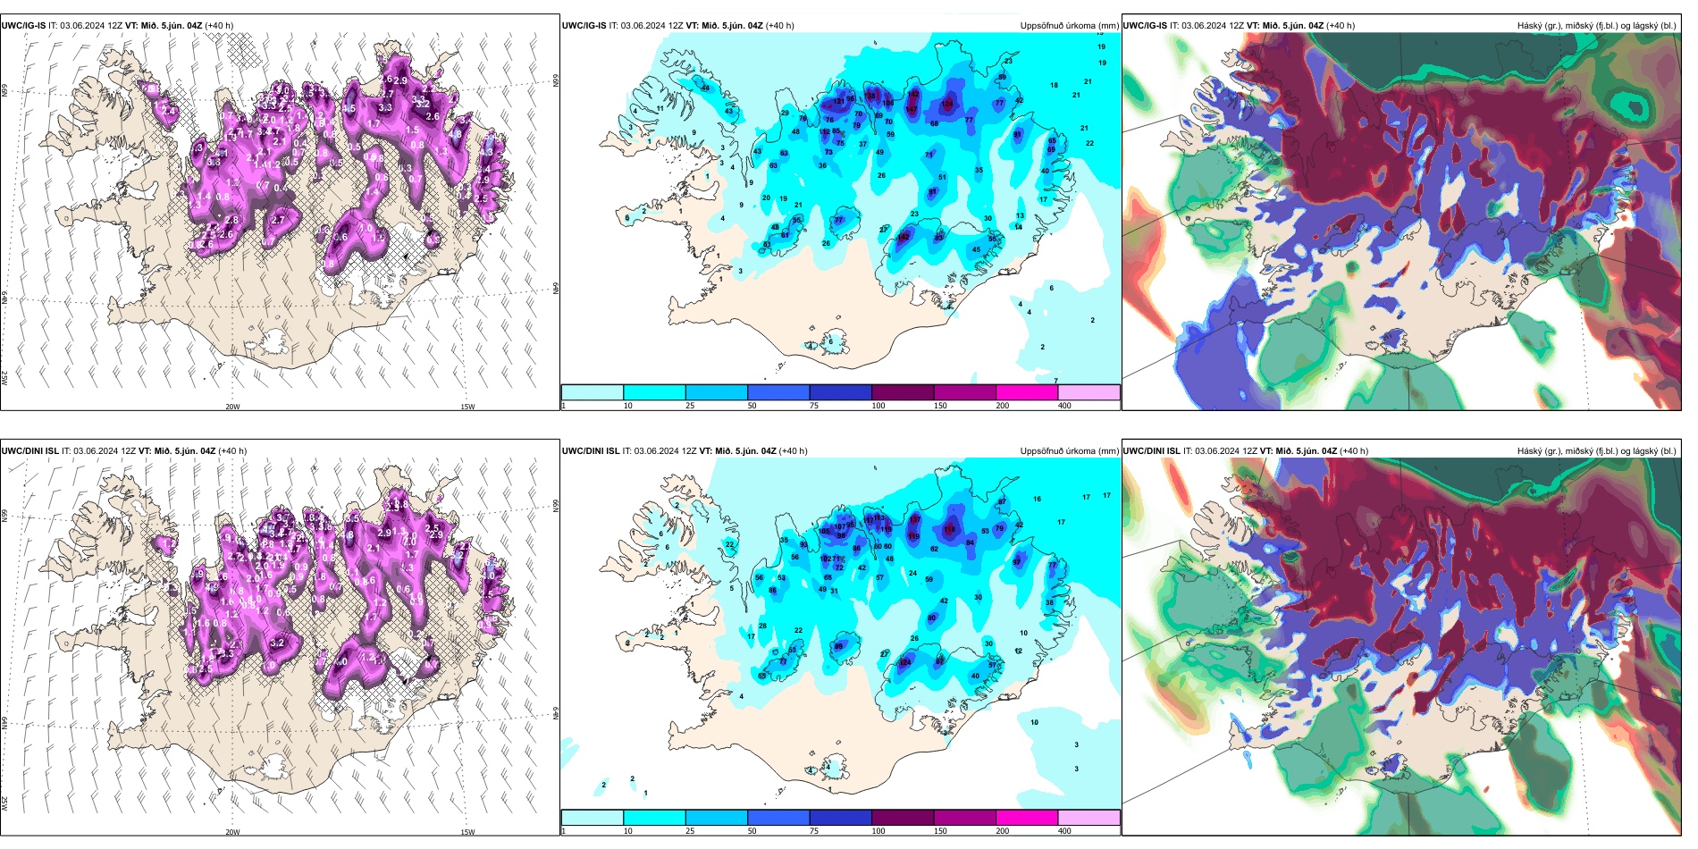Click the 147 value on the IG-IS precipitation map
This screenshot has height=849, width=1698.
pyautogui.click(x=911, y=109)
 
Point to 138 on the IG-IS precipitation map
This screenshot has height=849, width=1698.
pyautogui.click(x=871, y=96)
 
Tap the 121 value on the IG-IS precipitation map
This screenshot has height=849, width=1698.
pyautogui.click(x=838, y=101)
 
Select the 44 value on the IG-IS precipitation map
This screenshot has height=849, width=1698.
pyautogui.click(x=705, y=88)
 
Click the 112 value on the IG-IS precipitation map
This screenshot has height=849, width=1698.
pyautogui.click(x=904, y=237)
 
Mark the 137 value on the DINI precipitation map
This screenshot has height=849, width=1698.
pyautogui.click(x=914, y=519)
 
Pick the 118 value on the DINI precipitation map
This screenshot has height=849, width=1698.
pyautogui.click(x=949, y=529)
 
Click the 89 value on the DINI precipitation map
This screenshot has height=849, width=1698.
pyautogui.click(x=838, y=646)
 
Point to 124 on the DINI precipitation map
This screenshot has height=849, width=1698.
pyautogui.click(x=904, y=662)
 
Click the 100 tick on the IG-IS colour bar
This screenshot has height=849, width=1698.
pyautogui.click(x=878, y=406)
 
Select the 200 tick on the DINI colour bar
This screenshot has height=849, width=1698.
pyautogui.click(x=1002, y=831)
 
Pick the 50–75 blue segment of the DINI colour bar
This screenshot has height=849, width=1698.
pyautogui.click(x=778, y=818)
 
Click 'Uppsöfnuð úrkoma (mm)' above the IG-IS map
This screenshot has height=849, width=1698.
pyautogui.click(x=1069, y=26)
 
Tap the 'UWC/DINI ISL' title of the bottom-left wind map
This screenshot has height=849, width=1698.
pyautogui.click(x=29, y=451)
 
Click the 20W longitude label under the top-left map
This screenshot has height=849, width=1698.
pyautogui.click(x=232, y=407)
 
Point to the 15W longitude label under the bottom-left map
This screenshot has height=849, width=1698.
pyautogui.click(x=467, y=832)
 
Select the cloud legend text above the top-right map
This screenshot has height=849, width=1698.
pyautogui.click(x=1596, y=26)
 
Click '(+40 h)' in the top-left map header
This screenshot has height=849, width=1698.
pyautogui.click(x=219, y=26)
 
